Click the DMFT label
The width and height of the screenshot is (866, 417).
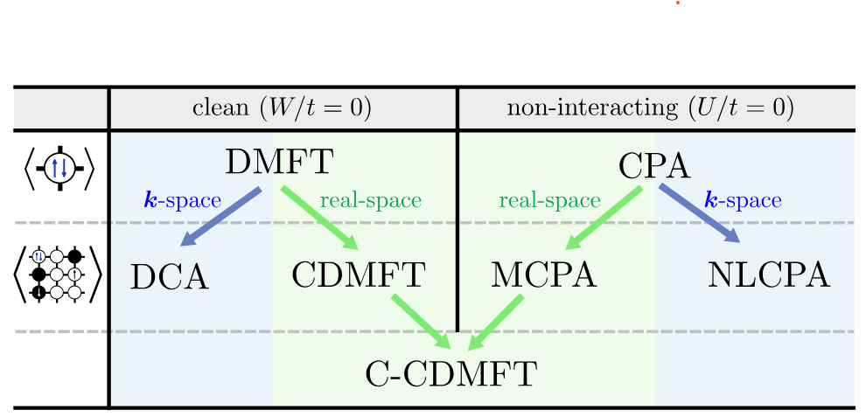click(x=279, y=163)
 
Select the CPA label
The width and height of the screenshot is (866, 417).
click(x=655, y=166)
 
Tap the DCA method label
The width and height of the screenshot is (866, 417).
click(x=170, y=277)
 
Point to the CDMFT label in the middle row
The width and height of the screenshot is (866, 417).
click(x=359, y=275)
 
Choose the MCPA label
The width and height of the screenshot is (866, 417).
click(x=543, y=275)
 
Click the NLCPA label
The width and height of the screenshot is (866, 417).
click(x=768, y=275)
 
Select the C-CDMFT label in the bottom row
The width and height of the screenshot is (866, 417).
click(x=450, y=374)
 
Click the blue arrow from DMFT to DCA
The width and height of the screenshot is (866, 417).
click(x=221, y=216)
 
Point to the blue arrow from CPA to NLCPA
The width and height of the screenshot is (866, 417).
click(x=699, y=213)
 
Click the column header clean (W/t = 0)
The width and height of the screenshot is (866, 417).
click(x=282, y=108)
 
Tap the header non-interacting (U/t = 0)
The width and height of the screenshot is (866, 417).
click(x=650, y=108)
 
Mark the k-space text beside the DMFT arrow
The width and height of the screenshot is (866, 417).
click(x=182, y=200)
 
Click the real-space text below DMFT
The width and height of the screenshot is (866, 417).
click(x=370, y=200)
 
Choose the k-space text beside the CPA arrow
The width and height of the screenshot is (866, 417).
click(x=743, y=200)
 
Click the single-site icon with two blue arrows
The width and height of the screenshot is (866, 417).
click(x=59, y=169)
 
